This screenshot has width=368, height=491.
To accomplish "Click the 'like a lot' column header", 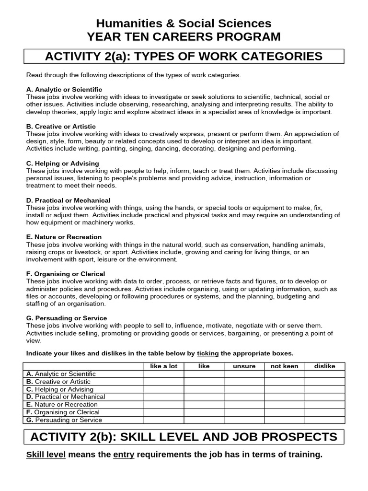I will point(164,366).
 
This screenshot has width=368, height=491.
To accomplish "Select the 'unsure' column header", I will point(244,366).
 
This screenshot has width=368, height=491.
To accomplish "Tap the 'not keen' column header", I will point(285,366).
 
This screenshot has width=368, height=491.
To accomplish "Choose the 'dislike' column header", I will point(324,366).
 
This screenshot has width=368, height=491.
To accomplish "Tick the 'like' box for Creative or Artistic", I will point(204,382).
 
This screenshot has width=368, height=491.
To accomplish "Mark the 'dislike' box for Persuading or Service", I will point(324,420).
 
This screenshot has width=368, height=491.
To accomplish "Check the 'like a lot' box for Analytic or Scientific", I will point(164,374).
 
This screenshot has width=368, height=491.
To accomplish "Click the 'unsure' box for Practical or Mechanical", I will point(244,397).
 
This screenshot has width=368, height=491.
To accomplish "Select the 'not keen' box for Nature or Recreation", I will point(285,405).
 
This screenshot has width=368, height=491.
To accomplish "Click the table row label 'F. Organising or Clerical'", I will point(63,412).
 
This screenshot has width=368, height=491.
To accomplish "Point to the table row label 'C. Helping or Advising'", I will point(60,389).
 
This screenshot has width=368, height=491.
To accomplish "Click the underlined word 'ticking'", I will point(208,353).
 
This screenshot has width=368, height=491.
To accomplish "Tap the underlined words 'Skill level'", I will point(46,455).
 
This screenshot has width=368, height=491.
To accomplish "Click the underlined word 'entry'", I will point(124,455).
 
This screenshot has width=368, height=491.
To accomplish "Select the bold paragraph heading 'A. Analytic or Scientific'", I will point(64,90).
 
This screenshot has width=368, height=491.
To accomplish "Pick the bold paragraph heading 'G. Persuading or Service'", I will point(67,318).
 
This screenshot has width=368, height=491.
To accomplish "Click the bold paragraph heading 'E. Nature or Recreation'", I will point(64,237).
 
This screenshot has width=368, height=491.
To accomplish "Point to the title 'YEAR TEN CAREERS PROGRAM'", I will point(184,37).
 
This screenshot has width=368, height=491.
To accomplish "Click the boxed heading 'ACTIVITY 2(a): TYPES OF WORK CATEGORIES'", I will point(184,57).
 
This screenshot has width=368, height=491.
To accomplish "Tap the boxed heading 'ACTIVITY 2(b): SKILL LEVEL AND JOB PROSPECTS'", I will point(184,437).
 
